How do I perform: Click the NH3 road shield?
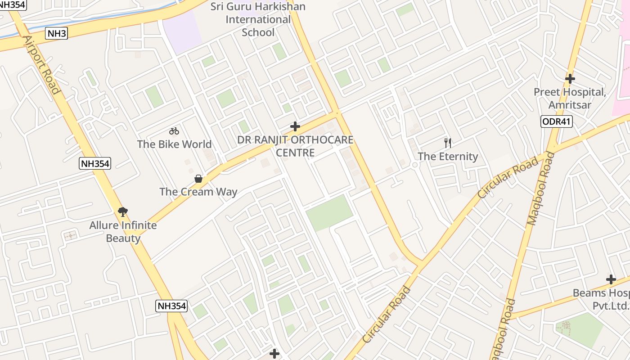click(57, 33)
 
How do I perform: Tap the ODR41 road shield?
click(557, 121)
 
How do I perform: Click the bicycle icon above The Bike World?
click(174, 131)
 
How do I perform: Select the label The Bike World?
click(174, 144)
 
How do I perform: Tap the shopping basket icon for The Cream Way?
click(198, 179)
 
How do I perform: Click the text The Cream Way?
click(198, 192)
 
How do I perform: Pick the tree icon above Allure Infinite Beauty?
click(122, 211)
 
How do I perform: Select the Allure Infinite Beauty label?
click(123, 231)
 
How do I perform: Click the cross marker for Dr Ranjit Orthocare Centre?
click(295, 126)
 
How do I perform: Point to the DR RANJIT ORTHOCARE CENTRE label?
click(295, 146)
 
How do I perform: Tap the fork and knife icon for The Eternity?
click(448, 143)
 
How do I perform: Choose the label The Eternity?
click(448, 157)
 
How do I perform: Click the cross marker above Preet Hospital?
click(570, 79)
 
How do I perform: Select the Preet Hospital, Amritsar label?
click(570, 99)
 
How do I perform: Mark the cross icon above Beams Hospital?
click(611, 279)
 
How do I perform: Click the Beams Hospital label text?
click(601, 299)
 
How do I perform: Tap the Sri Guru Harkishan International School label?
click(258, 19)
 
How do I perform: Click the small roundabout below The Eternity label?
click(415, 165)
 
